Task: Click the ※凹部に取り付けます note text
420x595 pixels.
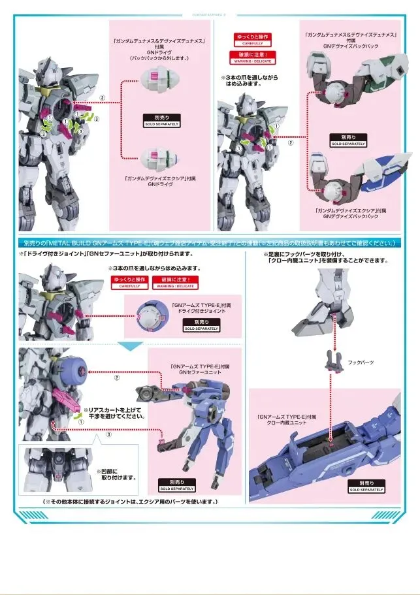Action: click(117, 474)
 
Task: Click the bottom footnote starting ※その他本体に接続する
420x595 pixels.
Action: click(131, 501)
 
